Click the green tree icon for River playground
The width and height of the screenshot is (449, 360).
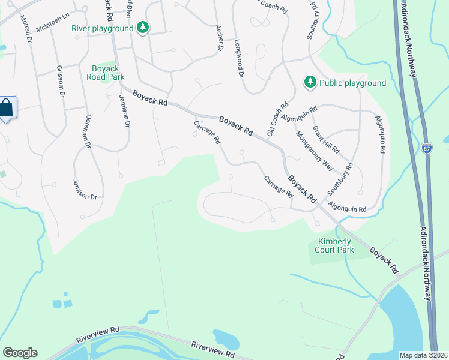pos(142,28)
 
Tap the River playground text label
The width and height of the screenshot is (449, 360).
pos(102,28)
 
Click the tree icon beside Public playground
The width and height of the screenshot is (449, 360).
pos(310,82)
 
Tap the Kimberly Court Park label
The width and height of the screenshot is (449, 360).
pos(331,245)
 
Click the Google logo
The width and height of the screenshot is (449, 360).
pos(20,353)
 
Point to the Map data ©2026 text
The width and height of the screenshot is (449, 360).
pos(423,355)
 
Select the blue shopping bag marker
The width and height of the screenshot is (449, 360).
pos(7,109)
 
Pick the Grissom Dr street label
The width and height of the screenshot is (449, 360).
pos(60,82)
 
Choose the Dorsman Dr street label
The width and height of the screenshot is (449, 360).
pos(87,131)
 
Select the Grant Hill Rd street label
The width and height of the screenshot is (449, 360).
pos(326,139)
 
